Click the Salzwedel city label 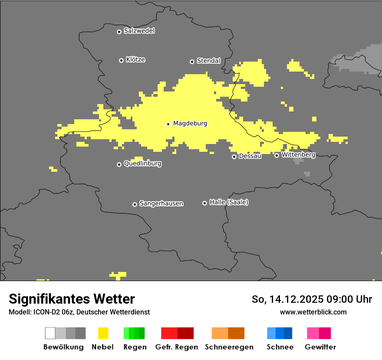pos(139,31)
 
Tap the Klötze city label pos(135,59)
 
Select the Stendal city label pos(208,61)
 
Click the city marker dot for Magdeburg pos(168,124)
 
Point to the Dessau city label pos(250,156)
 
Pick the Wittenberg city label pos(298,155)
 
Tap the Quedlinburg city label pos(142,164)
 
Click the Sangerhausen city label pos(161,203)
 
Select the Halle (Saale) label pos(229,202)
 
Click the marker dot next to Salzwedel pos(119,32)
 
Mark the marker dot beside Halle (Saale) pos(204,203)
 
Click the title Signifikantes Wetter pos(72,299)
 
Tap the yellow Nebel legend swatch pos(103,333)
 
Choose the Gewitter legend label pos(320,347)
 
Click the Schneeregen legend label pos(229,347)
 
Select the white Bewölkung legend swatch pos(50,333)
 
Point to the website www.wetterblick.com pos(313,312)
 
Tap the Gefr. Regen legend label pos(177,347)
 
